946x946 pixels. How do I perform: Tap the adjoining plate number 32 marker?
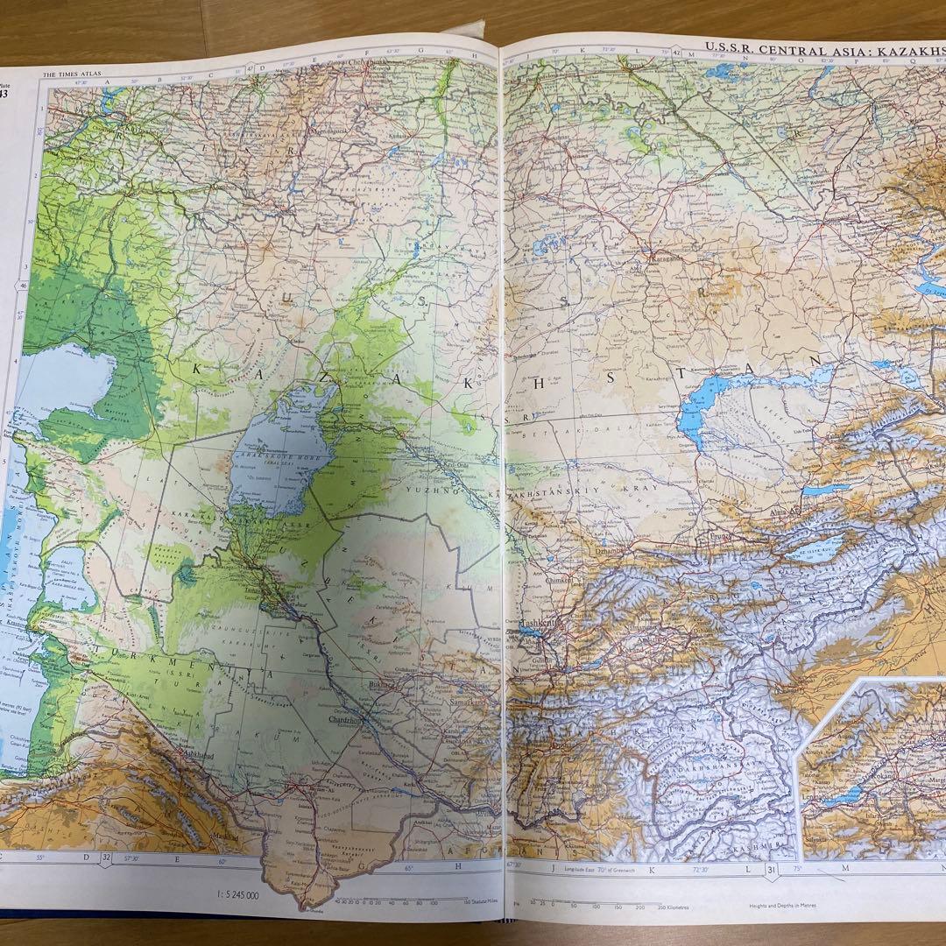point(106,858)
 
